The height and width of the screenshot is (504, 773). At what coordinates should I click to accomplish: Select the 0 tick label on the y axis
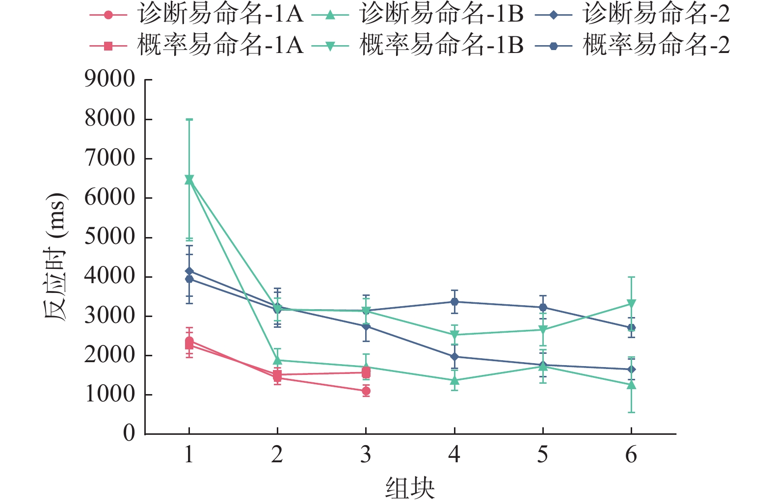(129, 433)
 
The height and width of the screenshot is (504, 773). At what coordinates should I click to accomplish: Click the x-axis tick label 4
(454, 455)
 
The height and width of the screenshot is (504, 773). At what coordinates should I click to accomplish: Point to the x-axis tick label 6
(631, 455)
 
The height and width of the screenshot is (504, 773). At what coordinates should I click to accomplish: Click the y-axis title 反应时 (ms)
(55, 257)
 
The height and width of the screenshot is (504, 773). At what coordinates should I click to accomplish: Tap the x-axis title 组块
(410, 488)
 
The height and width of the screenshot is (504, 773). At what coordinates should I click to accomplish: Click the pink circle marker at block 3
(366, 391)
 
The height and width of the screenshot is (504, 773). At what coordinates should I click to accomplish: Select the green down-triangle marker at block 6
(631, 304)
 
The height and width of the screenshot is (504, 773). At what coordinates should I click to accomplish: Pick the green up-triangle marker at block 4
(454, 380)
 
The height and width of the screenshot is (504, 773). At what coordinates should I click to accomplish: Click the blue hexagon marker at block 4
(454, 302)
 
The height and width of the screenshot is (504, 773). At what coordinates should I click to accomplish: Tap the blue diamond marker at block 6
(631, 370)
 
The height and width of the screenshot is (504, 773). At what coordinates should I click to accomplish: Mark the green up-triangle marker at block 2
(277, 360)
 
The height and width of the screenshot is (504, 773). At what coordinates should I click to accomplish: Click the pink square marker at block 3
(366, 372)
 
